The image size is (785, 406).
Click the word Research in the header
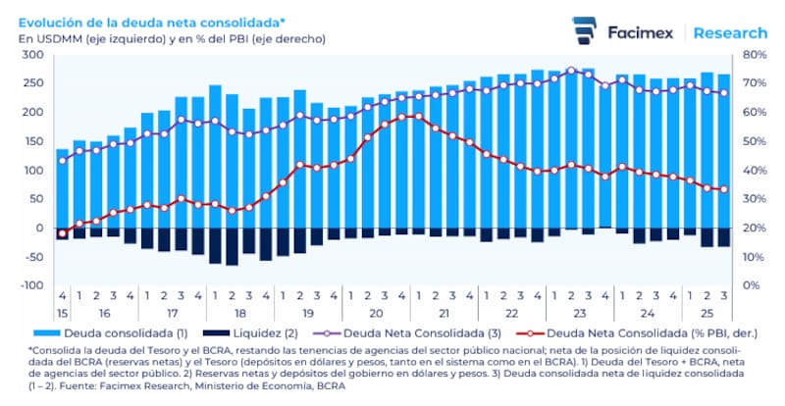[730, 32]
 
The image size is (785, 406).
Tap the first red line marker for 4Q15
[62, 233]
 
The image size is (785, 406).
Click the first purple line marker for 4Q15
[62, 160]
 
